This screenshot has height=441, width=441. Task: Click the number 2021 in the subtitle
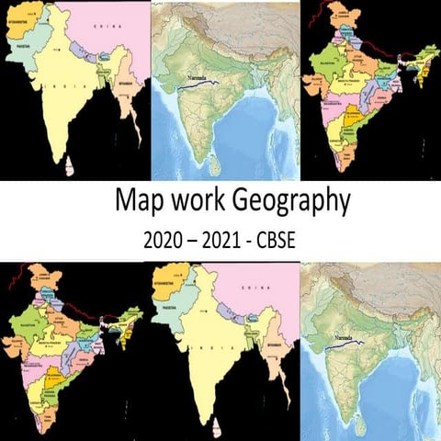(x=228, y=241)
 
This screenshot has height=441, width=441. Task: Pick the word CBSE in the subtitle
(x=288, y=241)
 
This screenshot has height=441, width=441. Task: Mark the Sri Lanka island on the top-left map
(x=66, y=168)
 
